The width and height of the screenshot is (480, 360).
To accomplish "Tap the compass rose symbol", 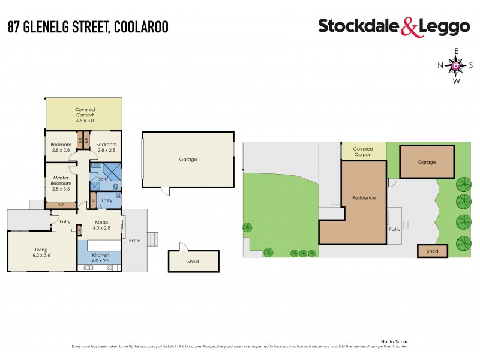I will [456, 65].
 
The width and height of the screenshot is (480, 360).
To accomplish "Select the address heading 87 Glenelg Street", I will [88, 27].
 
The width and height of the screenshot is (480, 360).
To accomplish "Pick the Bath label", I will [102, 178].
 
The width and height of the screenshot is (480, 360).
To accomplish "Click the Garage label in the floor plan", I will [188, 160].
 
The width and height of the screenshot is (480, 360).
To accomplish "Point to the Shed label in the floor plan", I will [193, 262].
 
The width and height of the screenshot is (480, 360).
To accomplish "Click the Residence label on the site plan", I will [364, 198].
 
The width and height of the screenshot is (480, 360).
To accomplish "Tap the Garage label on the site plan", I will [427, 162].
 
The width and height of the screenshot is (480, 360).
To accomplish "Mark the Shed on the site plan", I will [433, 251].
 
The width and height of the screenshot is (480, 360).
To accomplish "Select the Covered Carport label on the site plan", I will [363, 152].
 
